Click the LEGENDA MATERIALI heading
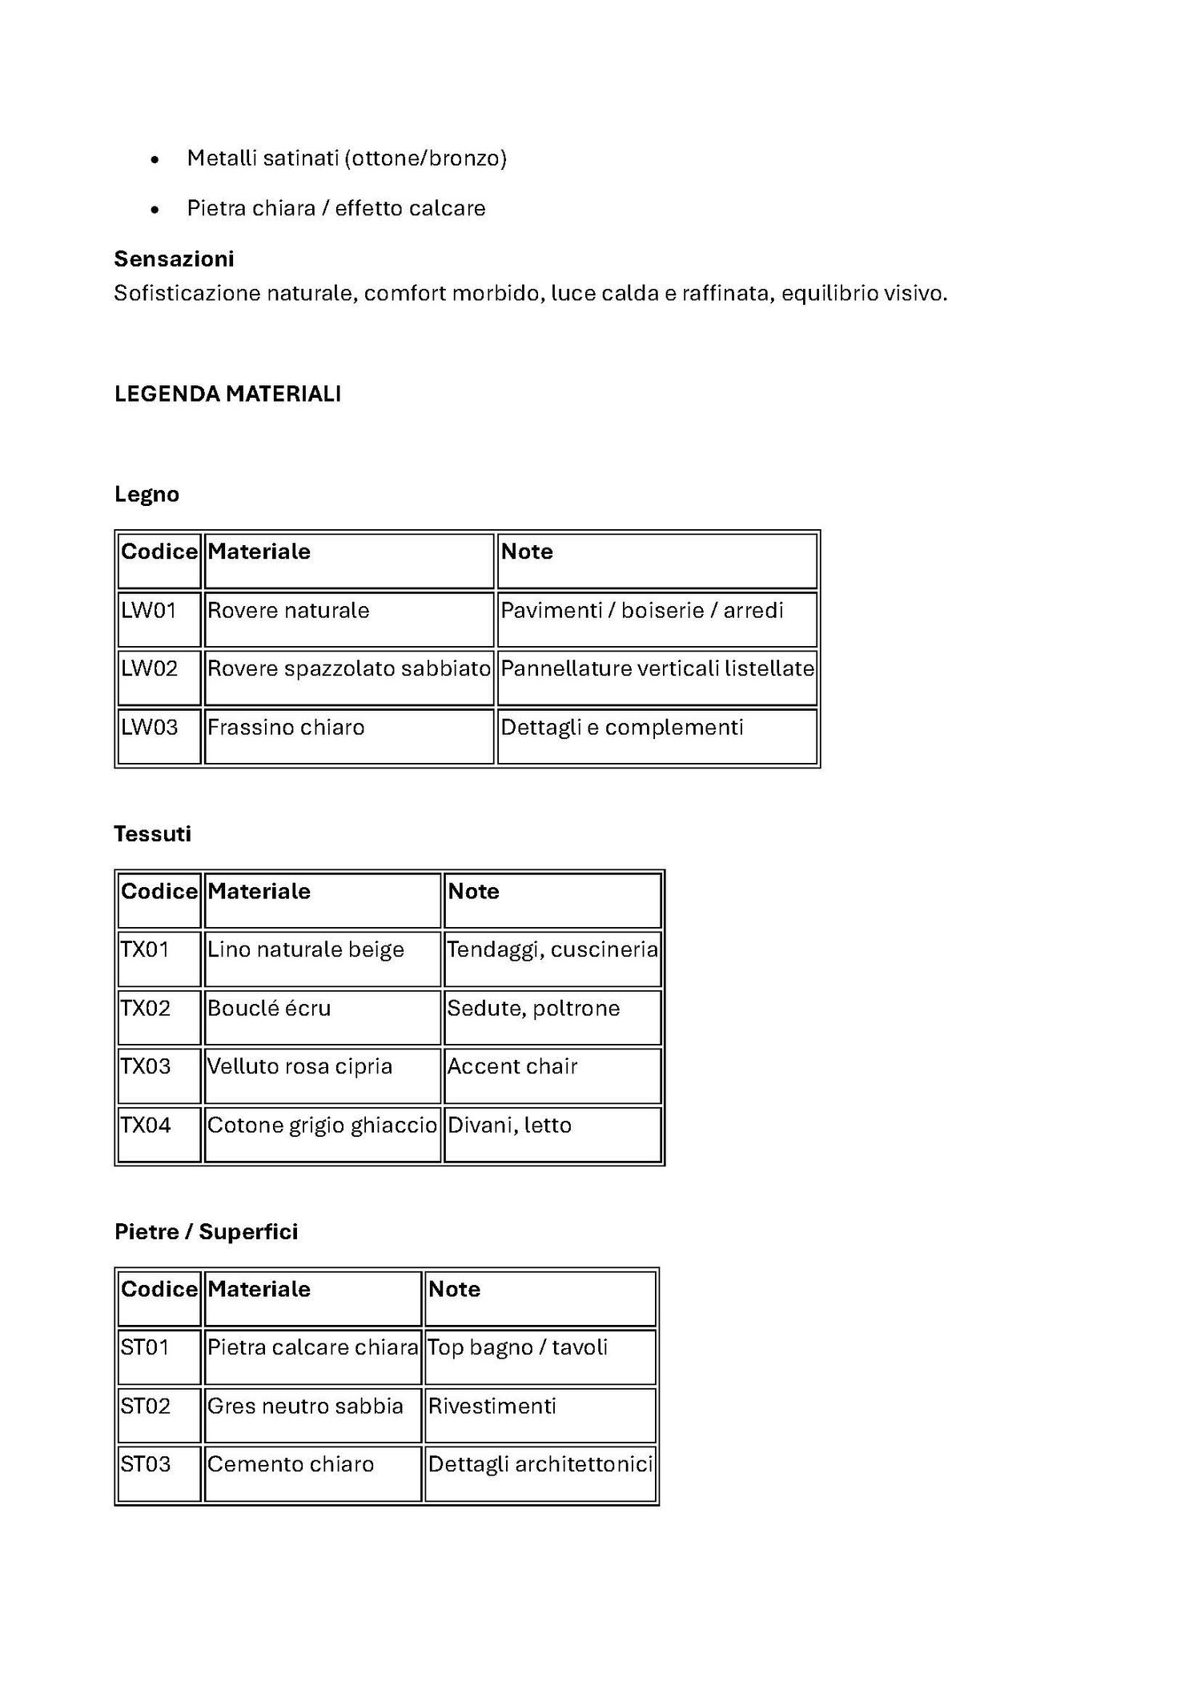[x=227, y=394]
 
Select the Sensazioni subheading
[x=174, y=259]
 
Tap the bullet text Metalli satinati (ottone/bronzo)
[x=347, y=159]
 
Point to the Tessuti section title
[x=152, y=834]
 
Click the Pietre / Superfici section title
[x=206, y=1232]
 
